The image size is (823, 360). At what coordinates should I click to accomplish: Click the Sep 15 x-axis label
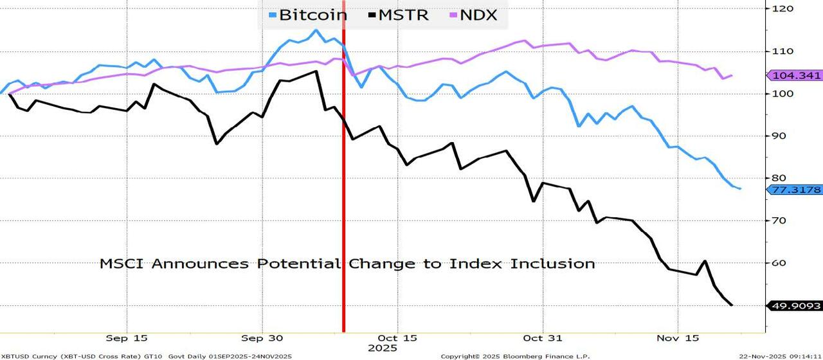pyautogui.click(x=127, y=337)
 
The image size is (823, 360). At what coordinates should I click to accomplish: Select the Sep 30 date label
pyautogui.click(x=262, y=337)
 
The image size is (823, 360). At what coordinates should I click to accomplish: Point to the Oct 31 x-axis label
pyautogui.click(x=543, y=337)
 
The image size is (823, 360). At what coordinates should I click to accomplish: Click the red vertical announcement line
pyautogui.click(x=343, y=193)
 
